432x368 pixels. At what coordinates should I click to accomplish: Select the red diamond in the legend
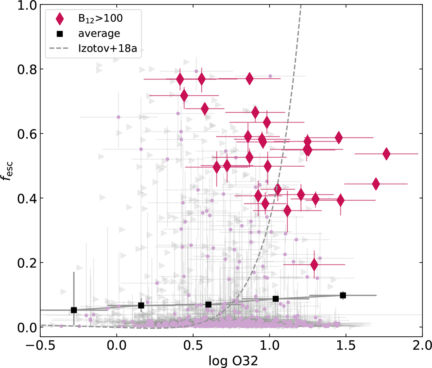(x=60, y=18)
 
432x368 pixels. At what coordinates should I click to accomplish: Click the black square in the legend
(x=60, y=34)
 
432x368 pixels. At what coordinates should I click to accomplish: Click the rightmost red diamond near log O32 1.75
(x=386, y=154)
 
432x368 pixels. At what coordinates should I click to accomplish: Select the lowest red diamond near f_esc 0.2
(x=314, y=265)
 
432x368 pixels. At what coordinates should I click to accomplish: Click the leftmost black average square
(x=74, y=310)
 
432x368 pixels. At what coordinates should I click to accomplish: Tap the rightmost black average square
(x=343, y=295)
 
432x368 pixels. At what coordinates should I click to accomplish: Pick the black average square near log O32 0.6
(x=208, y=305)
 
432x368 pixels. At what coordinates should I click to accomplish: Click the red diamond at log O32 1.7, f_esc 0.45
(x=376, y=184)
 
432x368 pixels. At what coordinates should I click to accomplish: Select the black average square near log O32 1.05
(x=276, y=299)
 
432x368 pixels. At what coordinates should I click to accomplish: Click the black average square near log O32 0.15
(x=141, y=305)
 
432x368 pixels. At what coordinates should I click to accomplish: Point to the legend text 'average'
(x=99, y=34)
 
